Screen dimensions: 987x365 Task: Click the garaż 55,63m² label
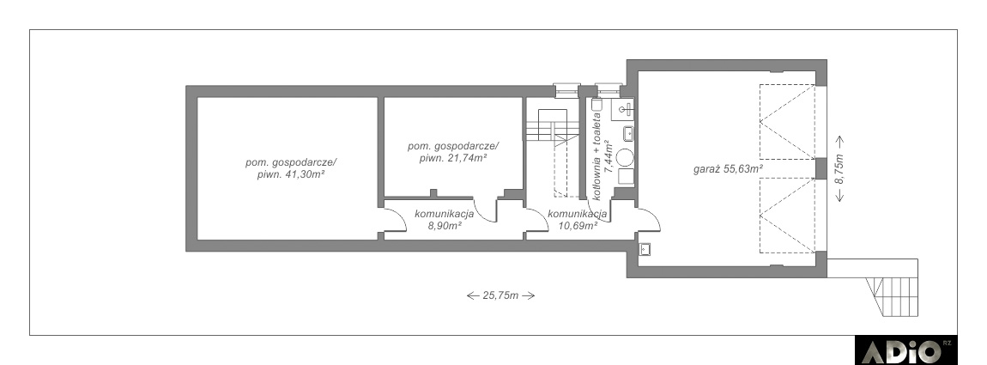pos(729,169)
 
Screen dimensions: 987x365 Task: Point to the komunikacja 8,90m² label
pos(445,219)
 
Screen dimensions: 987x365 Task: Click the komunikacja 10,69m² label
pos(577,219)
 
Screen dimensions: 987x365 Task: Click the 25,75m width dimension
pos(500,295)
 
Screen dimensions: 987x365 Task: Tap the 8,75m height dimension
pos(839,169)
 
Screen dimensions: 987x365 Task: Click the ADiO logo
pos(905,350)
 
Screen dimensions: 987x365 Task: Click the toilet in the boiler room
pos(597,106)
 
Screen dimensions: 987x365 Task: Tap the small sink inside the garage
pos(644,248)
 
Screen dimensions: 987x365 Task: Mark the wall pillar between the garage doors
pos(820,168)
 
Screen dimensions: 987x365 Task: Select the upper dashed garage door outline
pos(787,122)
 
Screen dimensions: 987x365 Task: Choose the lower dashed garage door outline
pos(787,215)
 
